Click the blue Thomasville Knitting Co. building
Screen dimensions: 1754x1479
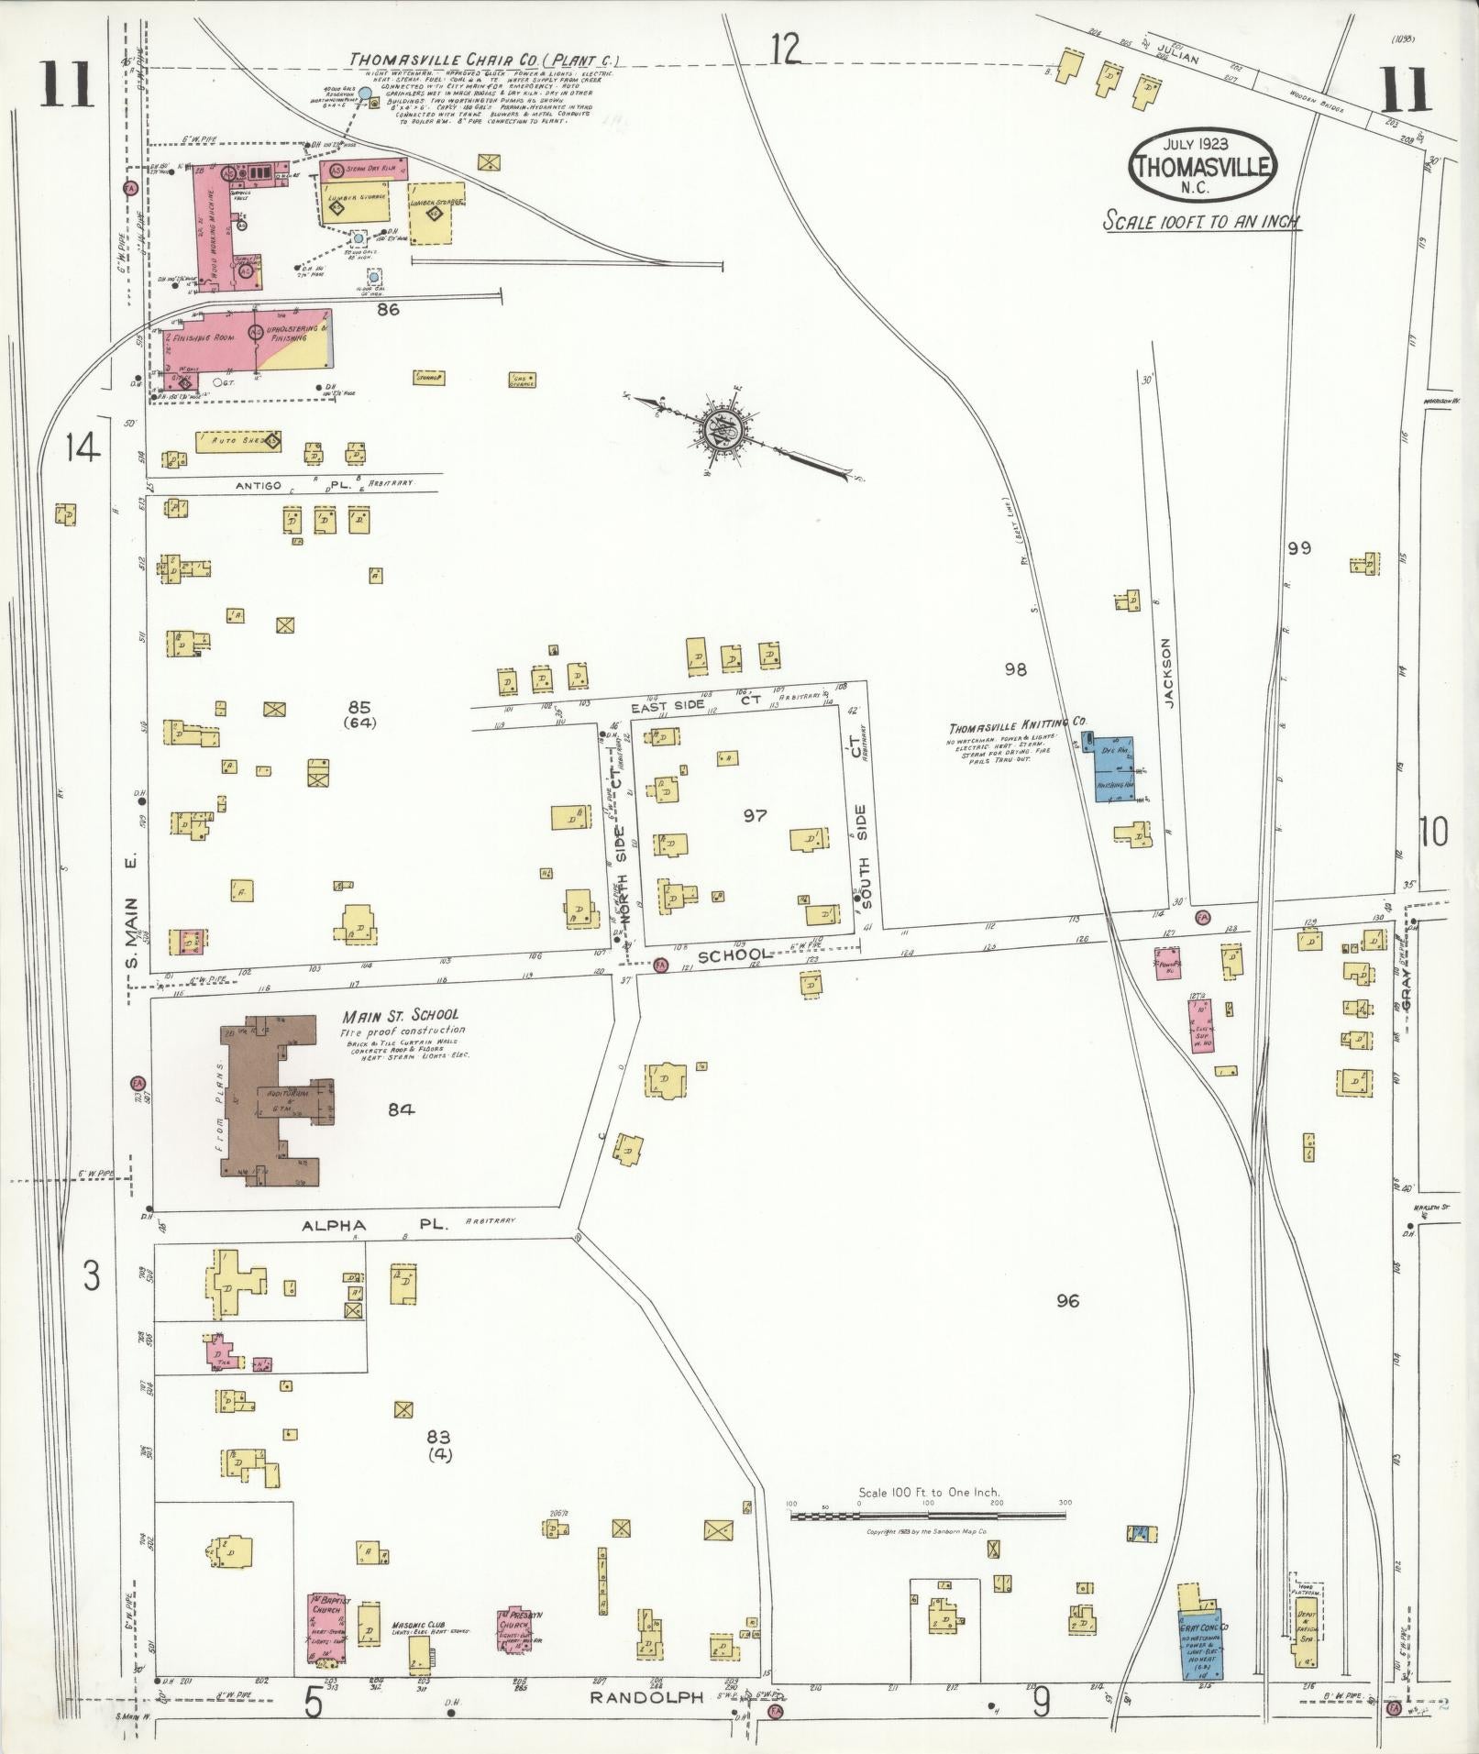pyautogui.click(x=1115, y=768)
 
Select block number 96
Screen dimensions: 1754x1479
pyautogui.click(x=1066, y=1301)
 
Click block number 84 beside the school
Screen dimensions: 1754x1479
pyautogui.click(x=401, y=1109)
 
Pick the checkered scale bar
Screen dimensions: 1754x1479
pyautogui.click(x=928, y=1517)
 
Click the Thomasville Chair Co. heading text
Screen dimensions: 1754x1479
pyautogui.click(x=484, y=61)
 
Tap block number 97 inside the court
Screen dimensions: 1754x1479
pyautogui.click(x=754, y=815)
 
